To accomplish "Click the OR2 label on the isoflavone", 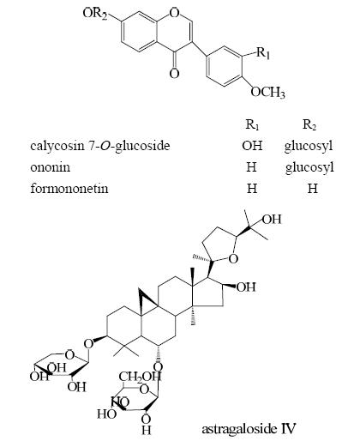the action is tap(95, 14).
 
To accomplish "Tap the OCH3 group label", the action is tap(267, 92).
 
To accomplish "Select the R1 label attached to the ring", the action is tap(263, 53).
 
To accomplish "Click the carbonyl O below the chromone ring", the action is tap(174, 74).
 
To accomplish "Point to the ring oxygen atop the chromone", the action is tap(174, 12).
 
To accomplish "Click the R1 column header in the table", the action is tap(252, 124).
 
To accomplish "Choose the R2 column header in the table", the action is tap(309, 124).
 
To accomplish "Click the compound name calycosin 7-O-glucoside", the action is tap(100, 146).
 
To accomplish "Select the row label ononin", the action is tap(50, 167).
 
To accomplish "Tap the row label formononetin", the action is tap(69, 188).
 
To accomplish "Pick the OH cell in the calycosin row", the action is tap(252, 146).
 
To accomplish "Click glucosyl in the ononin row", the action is tap(309, 167).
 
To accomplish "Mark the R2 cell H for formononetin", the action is tap(313, 189).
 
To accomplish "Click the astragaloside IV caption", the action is tap(249, 429).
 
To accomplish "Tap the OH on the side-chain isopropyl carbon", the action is tap(272, 220).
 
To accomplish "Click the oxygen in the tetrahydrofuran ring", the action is tap(233, 258).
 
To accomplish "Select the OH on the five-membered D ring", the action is tap(246, 287).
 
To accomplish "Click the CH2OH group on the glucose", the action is tap(140, 377).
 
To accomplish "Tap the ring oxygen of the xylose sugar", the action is tap(69, 355).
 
